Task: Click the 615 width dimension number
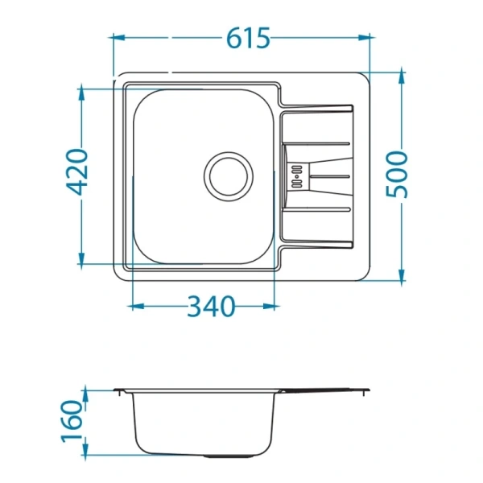click(248, 38)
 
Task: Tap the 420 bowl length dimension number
click(77, 172)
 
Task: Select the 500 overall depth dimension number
click(397, 174)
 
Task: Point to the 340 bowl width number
click(211, 307)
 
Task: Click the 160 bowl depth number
click(72, 421)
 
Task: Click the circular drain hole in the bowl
click(229, 176)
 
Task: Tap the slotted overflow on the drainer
click(296, 176)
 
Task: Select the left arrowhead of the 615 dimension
click(118, 38)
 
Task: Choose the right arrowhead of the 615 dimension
click(365, 38)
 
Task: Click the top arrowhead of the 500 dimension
click(402, 76)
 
